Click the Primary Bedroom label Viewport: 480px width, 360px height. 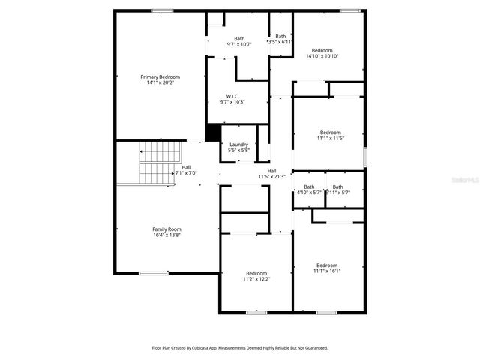click(160, 76)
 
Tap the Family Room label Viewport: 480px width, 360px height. click(166, 229)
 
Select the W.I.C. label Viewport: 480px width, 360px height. click(232, 96)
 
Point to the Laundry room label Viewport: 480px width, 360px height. click(238, 145)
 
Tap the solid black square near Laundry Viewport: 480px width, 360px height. click(213, 132)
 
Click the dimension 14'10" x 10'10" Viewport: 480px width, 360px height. click(322, 56)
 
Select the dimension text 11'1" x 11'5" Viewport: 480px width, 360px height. click(329, 138)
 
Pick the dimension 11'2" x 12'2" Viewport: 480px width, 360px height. click(256, 279)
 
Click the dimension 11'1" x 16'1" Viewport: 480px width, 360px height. click(327, 271)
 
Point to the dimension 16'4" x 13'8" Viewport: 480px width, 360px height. click(166, 235)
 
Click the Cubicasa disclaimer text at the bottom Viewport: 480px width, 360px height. click(240, 348)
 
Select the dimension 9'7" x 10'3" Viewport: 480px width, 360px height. click(232, 102)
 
